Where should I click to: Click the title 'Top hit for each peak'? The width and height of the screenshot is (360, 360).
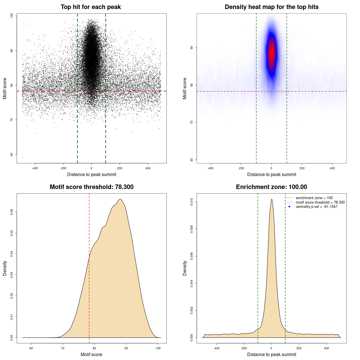[91, 7]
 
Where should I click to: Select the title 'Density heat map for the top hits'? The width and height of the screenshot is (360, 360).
[271, 7]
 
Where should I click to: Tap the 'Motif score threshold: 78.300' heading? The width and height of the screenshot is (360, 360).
[91, 187]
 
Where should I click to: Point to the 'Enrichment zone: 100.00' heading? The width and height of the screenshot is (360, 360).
[271, 187]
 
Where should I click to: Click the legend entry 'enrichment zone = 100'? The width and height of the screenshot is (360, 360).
[314, 198]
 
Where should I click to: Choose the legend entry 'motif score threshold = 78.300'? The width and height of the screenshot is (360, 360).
[320, 202]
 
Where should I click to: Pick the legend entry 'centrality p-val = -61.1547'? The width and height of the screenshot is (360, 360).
[316, 207]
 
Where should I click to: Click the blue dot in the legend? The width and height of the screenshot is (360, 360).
[289, 207]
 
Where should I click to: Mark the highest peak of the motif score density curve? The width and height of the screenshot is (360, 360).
[120, 199]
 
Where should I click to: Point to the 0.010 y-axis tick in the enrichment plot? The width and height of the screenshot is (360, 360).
[192, 202]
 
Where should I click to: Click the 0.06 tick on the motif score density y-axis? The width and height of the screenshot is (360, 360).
[12, 212]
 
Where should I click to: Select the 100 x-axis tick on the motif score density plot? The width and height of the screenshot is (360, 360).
[158, 348]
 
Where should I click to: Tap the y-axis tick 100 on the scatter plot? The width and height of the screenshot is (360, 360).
[12, 16]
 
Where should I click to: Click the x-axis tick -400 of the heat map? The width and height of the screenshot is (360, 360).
[210, 168]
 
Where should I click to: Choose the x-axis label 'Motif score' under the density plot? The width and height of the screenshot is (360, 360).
[91, 354]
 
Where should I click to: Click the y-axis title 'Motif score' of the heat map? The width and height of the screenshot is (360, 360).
[185, 88]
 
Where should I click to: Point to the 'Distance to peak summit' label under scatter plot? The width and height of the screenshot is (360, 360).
[92, 174]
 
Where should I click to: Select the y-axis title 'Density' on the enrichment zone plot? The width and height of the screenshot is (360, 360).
[185, 268]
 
